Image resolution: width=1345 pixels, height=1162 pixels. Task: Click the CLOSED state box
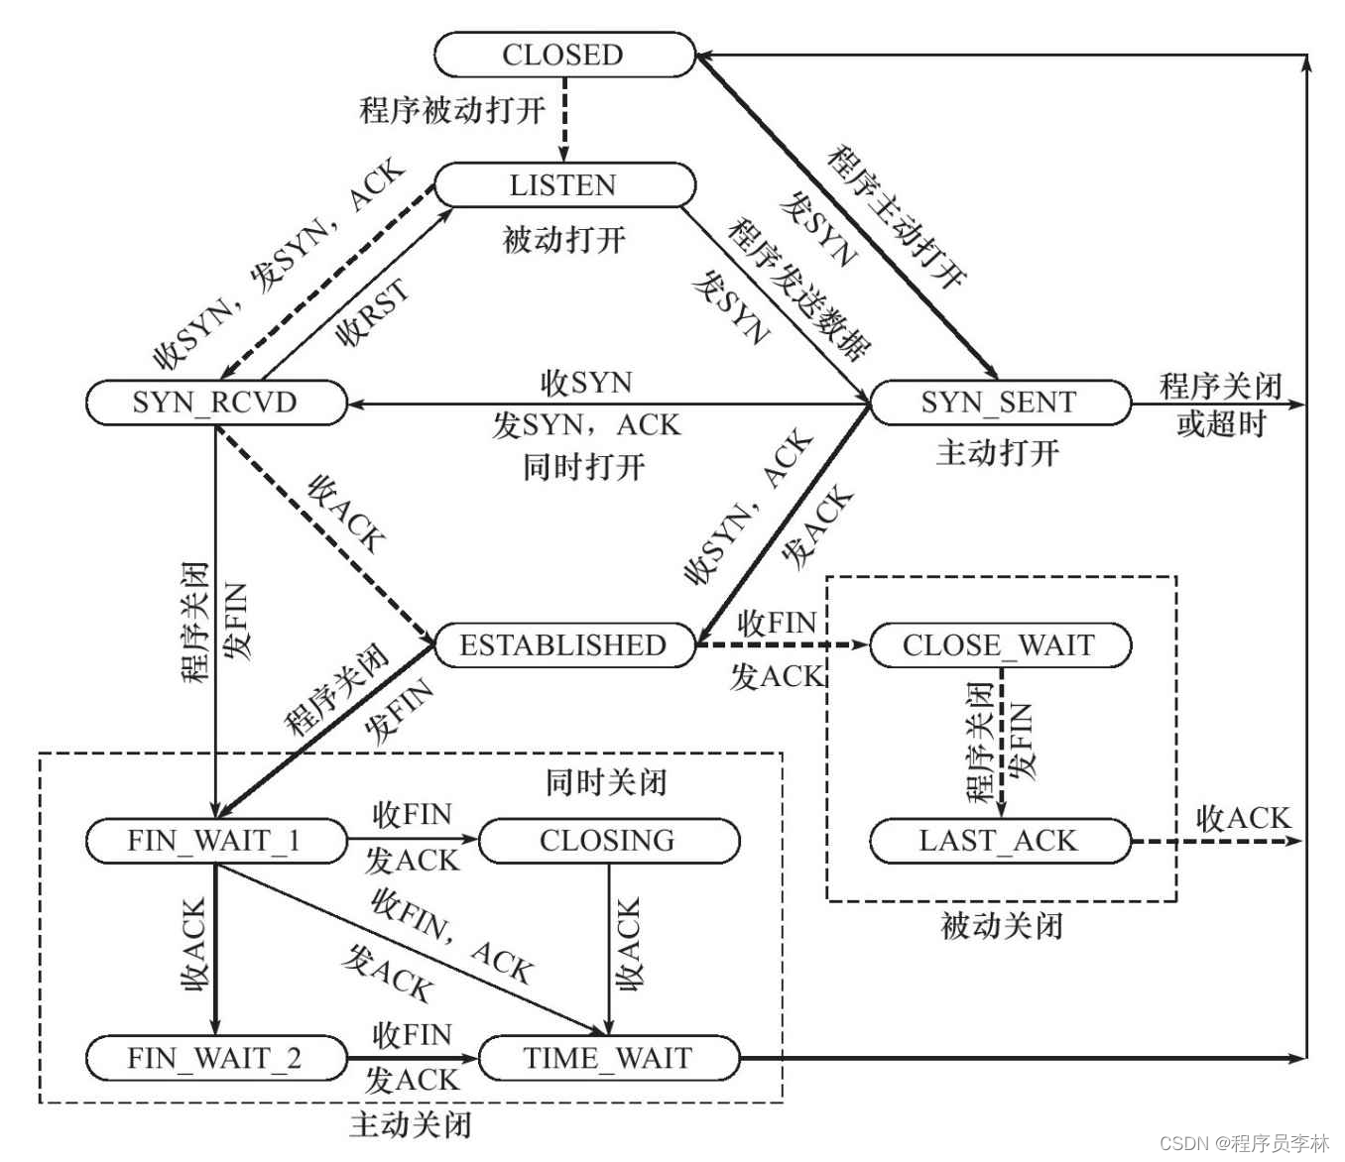(564, 55)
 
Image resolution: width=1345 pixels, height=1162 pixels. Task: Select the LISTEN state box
(564, 185)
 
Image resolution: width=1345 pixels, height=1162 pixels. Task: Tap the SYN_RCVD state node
(215, 403)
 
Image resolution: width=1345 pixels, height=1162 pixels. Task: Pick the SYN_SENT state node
(999, 403)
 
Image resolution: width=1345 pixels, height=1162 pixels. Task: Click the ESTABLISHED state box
(563, 645)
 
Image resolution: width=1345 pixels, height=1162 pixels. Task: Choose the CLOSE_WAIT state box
(999, 645)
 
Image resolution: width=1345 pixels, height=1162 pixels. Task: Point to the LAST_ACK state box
(999, 842)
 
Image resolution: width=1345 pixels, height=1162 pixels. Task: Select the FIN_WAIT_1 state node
(214, 842)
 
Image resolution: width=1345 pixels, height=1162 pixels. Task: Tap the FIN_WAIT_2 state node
(214, 1058)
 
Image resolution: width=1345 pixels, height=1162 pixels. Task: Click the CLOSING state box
(607, 842)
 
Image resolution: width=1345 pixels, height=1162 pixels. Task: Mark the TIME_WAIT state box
(607, 1058)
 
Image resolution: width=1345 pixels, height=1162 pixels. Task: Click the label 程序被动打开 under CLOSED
(452, 109)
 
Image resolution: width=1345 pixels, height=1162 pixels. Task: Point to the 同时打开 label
(584, 466)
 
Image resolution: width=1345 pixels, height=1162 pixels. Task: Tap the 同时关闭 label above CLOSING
(606, 783)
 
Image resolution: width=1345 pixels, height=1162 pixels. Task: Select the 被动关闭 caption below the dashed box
(1002, 926)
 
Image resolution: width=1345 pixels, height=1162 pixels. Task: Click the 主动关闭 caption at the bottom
(411, 1125)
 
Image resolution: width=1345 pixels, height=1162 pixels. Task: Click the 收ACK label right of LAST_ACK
(1244, 818)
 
